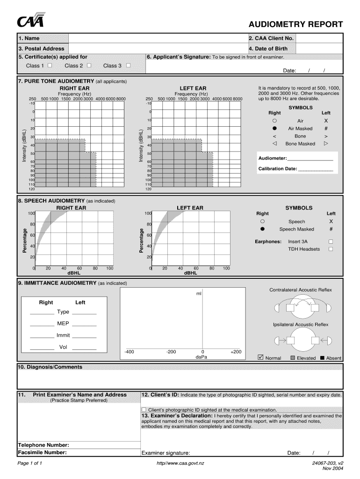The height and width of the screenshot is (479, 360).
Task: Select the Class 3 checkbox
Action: pyautogui.click(x=128, y=66)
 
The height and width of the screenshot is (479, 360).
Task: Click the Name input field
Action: pyautogui.click(x=158, y=38)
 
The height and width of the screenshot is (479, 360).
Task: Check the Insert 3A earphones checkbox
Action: pyautogui.click(x=331, y=241)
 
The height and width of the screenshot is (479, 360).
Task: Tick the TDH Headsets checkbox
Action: pyautogui.click(x=331, y=249)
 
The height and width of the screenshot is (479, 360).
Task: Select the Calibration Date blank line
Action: pyautogui.click(x=316, y=169)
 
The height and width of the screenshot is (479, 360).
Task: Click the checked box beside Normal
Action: pyautogui.click(x=261, y=358)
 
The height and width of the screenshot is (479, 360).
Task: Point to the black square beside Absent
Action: pyautogui.click(x=322, y=358)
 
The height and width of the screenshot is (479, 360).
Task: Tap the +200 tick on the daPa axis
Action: pyautogui.click(x=236, y=351)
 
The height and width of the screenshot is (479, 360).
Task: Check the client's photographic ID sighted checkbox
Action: pyautogui.click(x=144, y=409)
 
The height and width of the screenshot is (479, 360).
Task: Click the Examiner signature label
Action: pyautogui.click(x=166, y=453)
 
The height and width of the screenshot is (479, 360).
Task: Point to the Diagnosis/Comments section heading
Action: pyautogui.click(x=50, y=367)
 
